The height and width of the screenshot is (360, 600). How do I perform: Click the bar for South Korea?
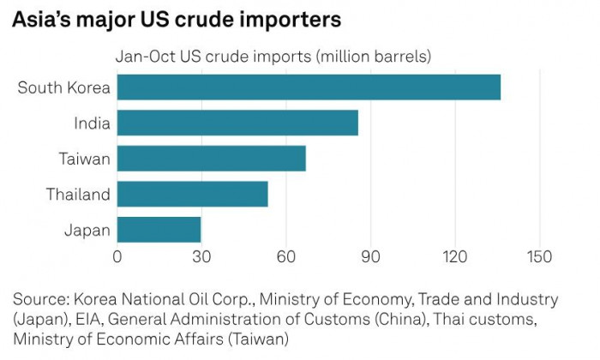tap(309, 87)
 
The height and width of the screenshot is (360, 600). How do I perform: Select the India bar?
tap(237, 123)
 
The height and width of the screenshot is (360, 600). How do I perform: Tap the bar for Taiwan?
tap(211, 159)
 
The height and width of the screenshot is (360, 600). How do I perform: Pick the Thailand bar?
tap(192, 194)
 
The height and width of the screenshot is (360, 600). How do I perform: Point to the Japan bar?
tap(159, 230)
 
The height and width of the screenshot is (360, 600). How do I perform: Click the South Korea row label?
tap(64, 87)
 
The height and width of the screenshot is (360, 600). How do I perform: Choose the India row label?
tap(92, 123)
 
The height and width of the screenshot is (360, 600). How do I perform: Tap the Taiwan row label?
tap(84, 159)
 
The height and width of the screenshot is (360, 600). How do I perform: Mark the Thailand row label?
tap(78, 195)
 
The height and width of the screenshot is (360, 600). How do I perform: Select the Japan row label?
tap(87, 230)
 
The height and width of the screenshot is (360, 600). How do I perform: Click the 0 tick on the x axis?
tap(117, 255)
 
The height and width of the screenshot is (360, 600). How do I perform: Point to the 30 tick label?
tap(201, 255)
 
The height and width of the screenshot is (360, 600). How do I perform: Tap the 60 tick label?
tap(285, 255)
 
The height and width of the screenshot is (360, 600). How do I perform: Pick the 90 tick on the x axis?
tap(370, 255)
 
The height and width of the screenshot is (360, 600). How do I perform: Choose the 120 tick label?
tap(454, 255)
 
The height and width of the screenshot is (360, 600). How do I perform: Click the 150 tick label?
tap(539, 255)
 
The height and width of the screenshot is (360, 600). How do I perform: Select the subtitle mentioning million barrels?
tap(273, 57)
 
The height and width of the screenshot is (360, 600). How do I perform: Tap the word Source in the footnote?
tap(39, 300)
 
